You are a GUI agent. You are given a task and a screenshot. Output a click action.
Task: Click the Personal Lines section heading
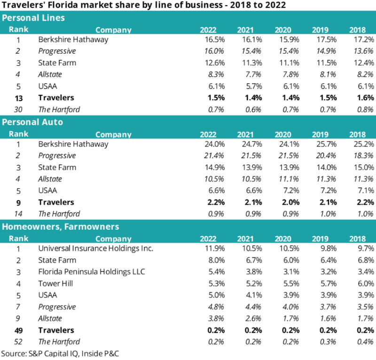(x=33, y=18)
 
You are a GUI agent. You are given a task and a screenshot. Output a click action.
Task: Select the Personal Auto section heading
(x=32, y=122)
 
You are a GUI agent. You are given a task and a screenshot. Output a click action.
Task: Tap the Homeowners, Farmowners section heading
(x=61, y=226)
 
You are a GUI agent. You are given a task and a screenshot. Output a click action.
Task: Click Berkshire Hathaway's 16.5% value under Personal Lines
(x=212, y=40)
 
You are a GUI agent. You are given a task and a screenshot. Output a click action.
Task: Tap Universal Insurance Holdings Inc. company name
(x=96, y=248)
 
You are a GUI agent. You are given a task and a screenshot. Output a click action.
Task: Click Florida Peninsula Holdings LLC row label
(x=92, y=272)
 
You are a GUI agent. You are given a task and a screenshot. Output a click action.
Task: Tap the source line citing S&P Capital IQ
(x=60, y=353)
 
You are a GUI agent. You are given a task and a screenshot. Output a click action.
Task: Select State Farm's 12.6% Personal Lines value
(x=212, y=63)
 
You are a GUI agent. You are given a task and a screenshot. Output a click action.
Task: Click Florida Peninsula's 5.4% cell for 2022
(x=214, y=272)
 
